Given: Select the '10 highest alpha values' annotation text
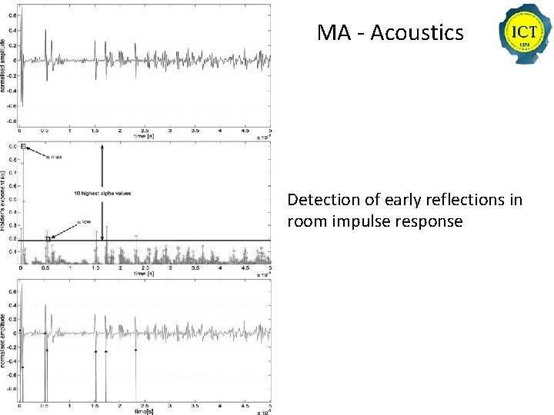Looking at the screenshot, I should [x=102, y=193].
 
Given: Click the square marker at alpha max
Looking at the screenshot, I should [x=24, y=146].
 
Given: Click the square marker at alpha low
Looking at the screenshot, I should [x=48, y=239].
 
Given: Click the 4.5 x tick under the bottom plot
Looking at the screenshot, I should [x=245, y=405].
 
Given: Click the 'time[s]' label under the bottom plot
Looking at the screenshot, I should [x=142, y=410].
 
